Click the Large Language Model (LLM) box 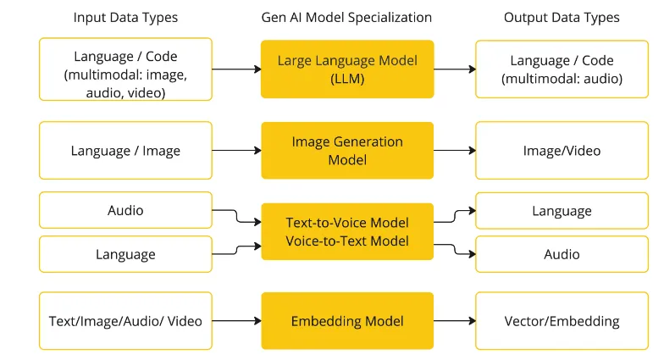(347, 69)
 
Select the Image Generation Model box (347, 150)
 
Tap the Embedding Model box (347, 321)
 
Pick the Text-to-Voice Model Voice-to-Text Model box (347, 231)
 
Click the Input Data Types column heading (125, 17)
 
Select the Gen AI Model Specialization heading (347, 17)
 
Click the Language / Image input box (125, 151)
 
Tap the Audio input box (125, 210)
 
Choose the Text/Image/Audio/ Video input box (125, 321)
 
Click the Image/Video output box (562, 151)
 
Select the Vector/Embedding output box (562, 321)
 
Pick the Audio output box (562, 254)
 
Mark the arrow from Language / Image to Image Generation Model (236, 151)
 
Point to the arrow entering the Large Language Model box (236, 69)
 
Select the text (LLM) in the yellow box (347, 78)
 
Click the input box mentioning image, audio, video (125, 69)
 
